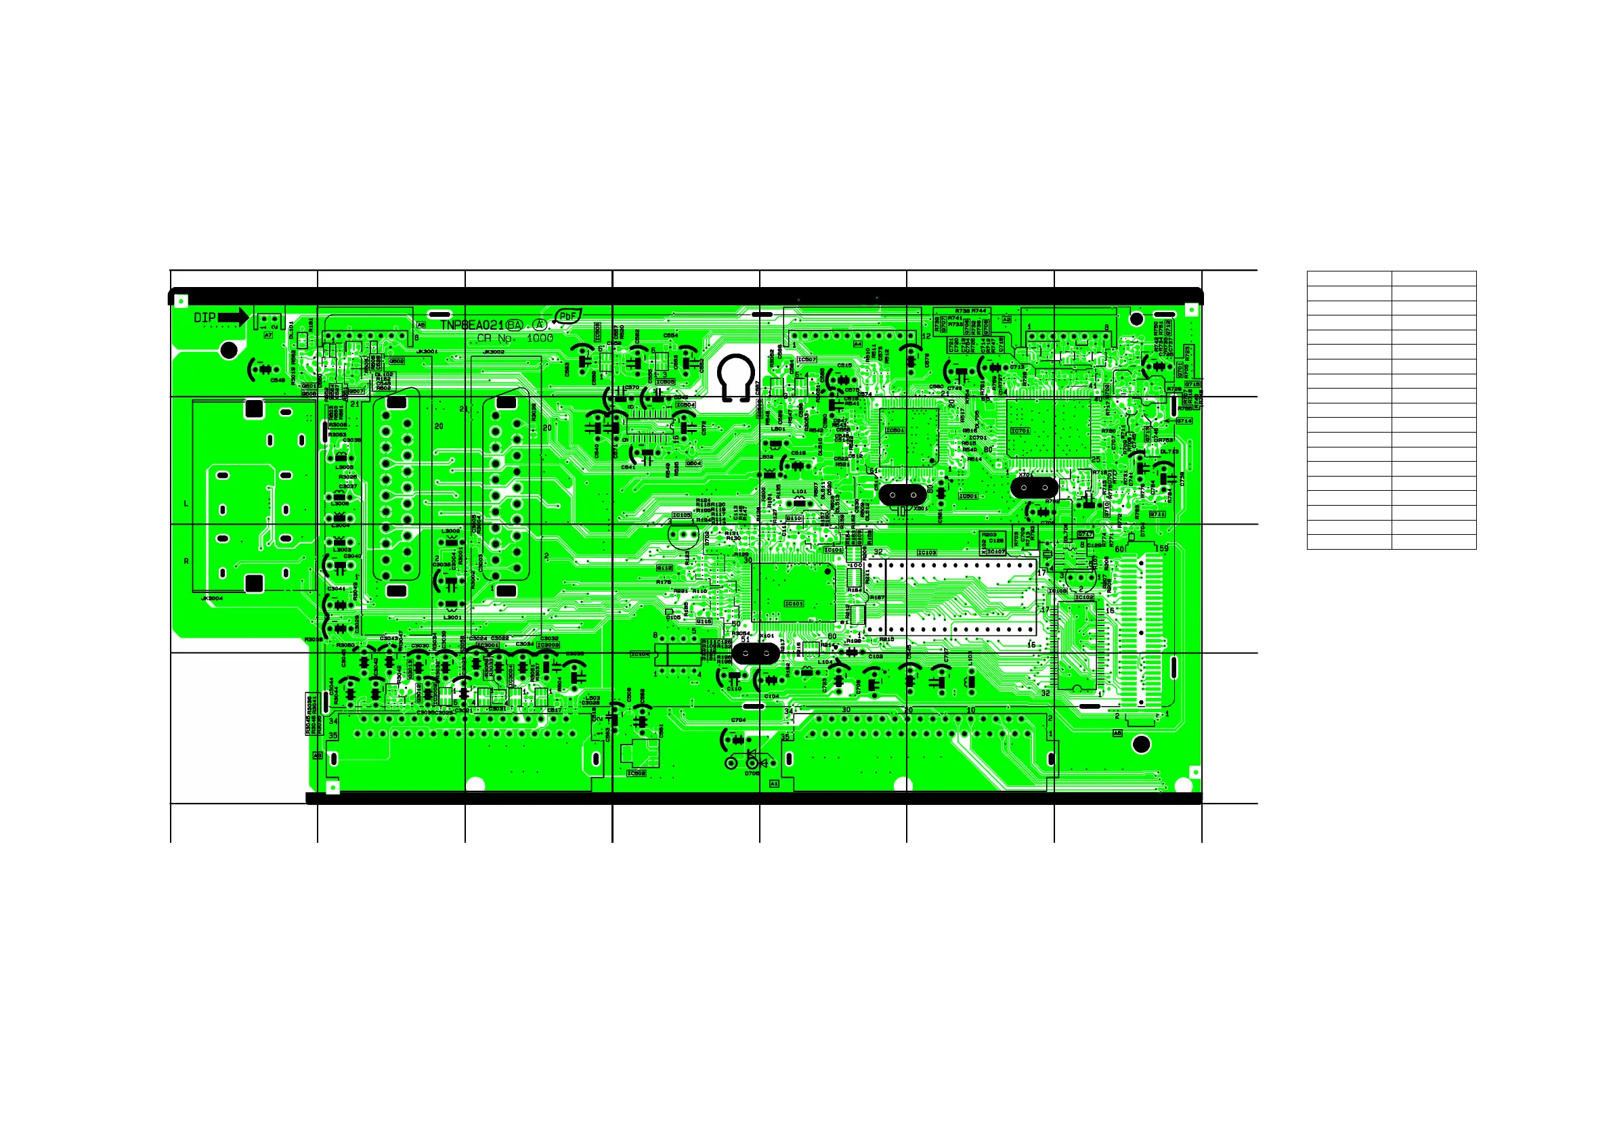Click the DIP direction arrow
pyautogui.click(x=234, y=317)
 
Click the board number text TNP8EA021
pyautogui.click(x=472, y=325)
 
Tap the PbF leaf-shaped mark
pyautogui.click(x=567, y=316)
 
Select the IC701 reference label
pyautogui.click(x=1020, y=431)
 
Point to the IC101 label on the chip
pyautogui.click(x=794, y=603)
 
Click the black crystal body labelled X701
pyautogui.click(x=1034, y=487)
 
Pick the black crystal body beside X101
pyautogui.click(x=755, y=653)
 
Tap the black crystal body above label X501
pyautogui.click(x=903, y=494)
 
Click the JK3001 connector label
pyautogui.click(x=427, y=351)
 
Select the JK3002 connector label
pyautogui.click(x=494, y=352)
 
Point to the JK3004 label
pyautogui.click(x=212, y=598)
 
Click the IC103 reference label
pyautogui.click(x=926, y=552)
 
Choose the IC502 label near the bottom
pyautogui.click(x=636, y=773)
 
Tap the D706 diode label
pyautogui.click(x=752, y=773)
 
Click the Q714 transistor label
pyautogui.click(x=1184, y=421)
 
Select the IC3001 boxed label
pyautogui.click(x=488, y=645)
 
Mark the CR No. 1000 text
pyautogui.click(x=515, y=338)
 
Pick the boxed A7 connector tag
pyautogui.click(x=268, y=335)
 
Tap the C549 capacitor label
pyautogui.click(x=278, y=380)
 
